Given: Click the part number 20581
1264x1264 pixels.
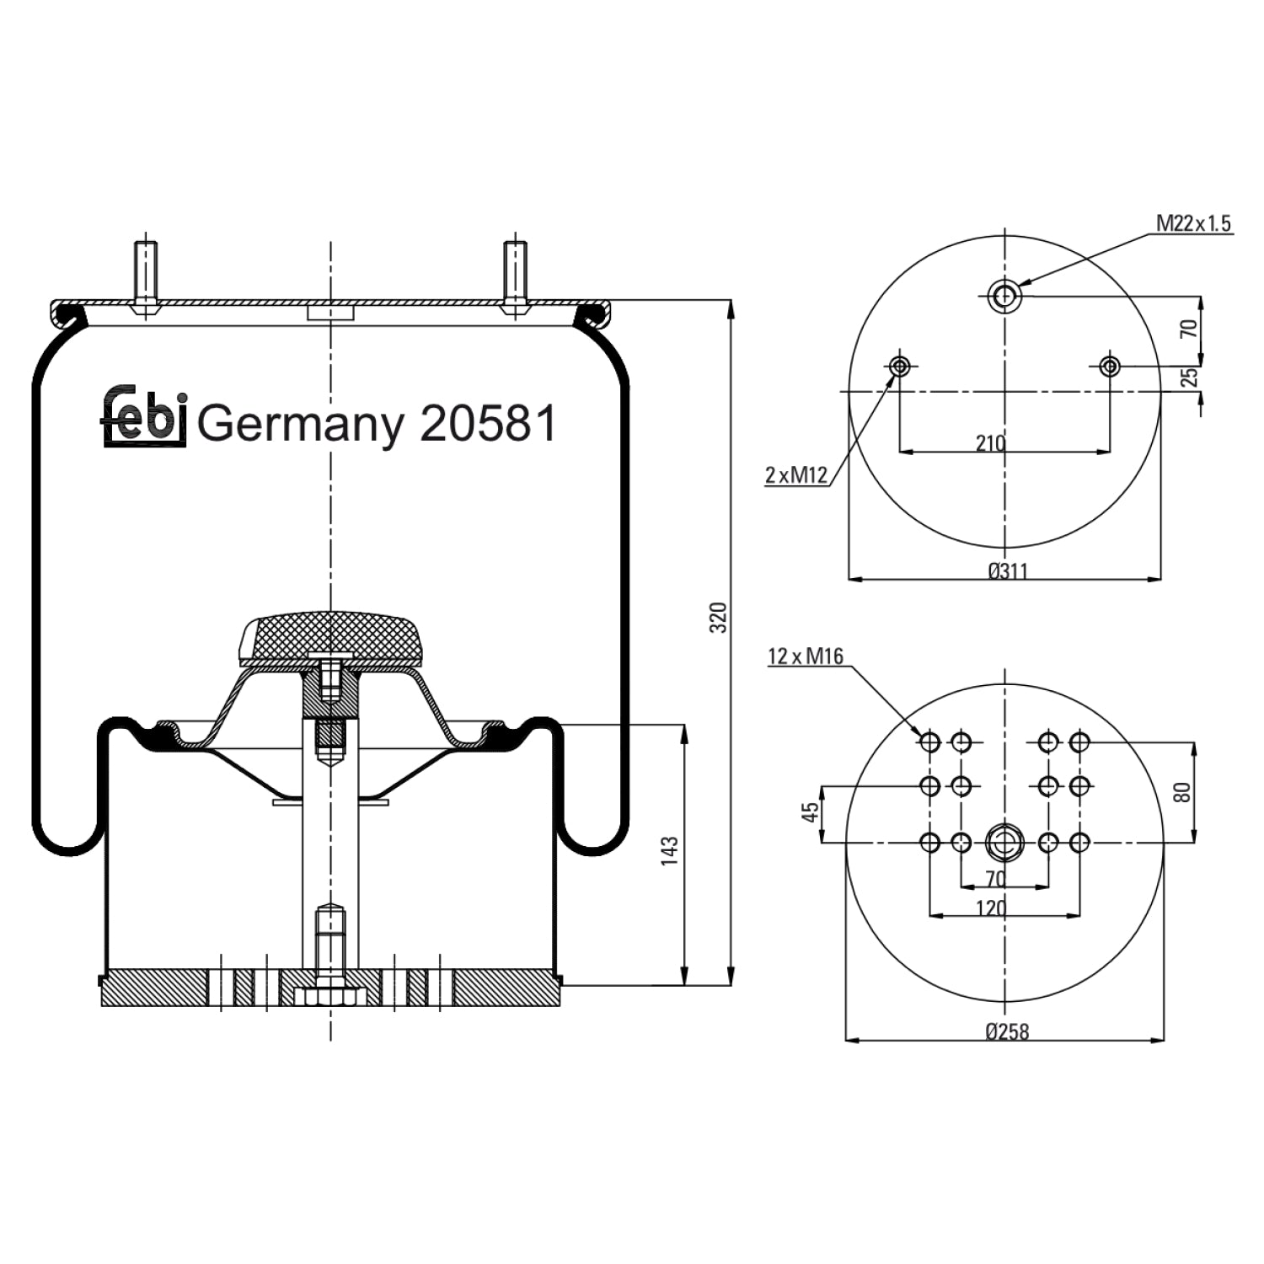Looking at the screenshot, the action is click(x=488, y=422).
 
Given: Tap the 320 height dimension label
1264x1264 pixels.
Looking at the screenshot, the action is click(x=717, y=618).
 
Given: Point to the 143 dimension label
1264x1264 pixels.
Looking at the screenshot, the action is click(x=669, y=853).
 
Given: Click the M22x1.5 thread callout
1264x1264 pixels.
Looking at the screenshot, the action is click(x=1194, y=223).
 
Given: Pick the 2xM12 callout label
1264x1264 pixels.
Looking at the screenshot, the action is click(x=796, y=475).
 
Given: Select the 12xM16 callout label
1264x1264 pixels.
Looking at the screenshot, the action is click(x=806, y=656).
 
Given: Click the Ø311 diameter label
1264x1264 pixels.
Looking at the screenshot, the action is click(x=1008, y=571).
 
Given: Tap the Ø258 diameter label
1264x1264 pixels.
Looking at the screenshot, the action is click(x=1008, y=1031).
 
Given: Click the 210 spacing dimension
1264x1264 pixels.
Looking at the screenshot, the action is click(x=991, y=442).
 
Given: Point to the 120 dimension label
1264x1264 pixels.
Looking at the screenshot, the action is click(x=991, y=908).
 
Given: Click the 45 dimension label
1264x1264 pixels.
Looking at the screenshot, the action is click(x=811, y=812).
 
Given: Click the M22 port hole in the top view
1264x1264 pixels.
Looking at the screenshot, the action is click(x=1004, y=295).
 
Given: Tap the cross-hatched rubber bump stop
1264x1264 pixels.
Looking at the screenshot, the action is click(x=330, y=637).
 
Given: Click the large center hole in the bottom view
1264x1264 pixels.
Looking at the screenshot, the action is click(x=1004, y=842).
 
